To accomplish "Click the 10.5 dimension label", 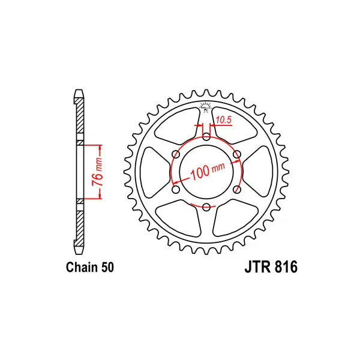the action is pos(223,120).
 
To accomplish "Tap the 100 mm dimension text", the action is pos(207,172).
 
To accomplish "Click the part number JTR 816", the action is pos(271,268).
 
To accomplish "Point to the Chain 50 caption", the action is pos(90,268).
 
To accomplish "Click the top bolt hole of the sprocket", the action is pos(206,137).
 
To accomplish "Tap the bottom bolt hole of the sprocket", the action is pos(206,207).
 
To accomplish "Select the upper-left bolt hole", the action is pos(176,154).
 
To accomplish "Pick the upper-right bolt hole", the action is pos(237,154).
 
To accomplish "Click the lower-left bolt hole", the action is pos(176,190).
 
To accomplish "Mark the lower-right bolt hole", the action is pos(237,190).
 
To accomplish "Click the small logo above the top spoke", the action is pos(206,107).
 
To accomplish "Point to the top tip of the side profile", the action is pos(79,89).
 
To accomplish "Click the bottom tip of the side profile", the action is pos(79,254).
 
